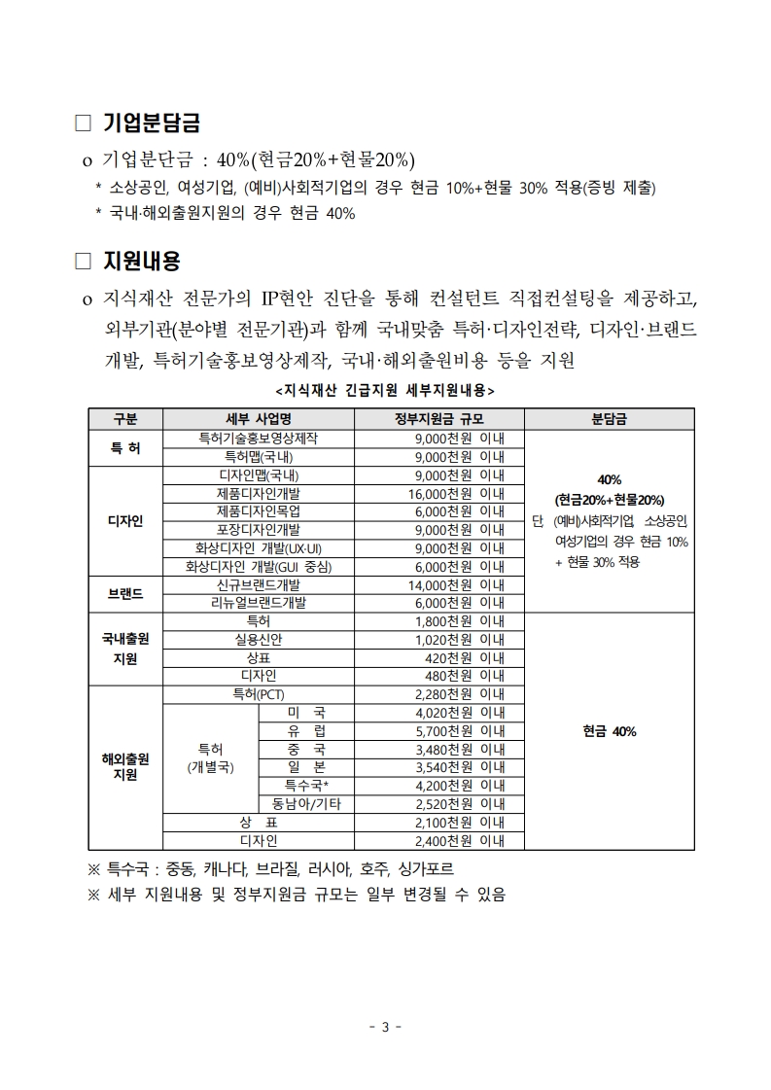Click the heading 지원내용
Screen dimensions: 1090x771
point(141,262)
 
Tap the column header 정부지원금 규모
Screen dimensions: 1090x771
point(439,420)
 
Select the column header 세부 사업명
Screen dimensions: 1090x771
point(258,420)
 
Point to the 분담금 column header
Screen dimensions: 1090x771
point(609,420)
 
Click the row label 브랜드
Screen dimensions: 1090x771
point(125,593)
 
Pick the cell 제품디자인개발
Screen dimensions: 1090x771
point(258,493)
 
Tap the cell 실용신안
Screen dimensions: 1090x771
point(258,639)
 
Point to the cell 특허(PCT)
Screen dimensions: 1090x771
point(258,694)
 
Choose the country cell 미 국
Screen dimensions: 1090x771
point(306,713)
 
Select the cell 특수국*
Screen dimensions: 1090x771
point(306,786)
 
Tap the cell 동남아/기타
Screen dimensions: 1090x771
point(306,804)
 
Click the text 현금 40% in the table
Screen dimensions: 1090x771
point(610,731)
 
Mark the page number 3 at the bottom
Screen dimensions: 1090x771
point(385,1028)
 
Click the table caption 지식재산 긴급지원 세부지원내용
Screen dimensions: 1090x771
point(385,390)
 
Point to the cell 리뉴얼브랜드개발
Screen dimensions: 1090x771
point(258,603)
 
